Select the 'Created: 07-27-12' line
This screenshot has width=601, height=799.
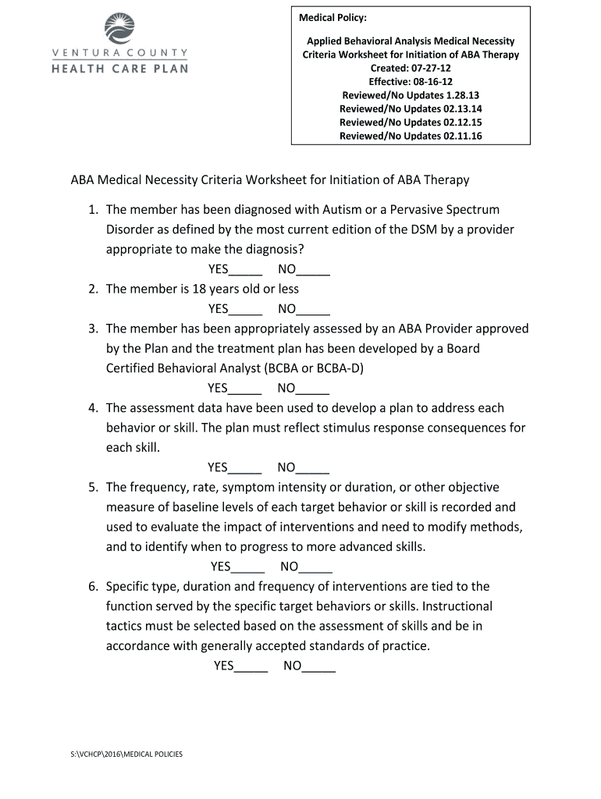[411, 68]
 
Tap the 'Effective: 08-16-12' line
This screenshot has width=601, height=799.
[411, 82]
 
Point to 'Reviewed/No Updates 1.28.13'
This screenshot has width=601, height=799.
[411, 95]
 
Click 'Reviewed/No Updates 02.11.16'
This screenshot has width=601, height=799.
[411, 136]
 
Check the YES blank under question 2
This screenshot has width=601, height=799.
[245, 309]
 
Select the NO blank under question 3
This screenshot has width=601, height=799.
[313, 389]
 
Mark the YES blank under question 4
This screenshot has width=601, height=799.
[245, 468]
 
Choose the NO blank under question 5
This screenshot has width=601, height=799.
[316, 567]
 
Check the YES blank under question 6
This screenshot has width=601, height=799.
[251, 666]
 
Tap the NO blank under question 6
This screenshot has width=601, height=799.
[319, 666]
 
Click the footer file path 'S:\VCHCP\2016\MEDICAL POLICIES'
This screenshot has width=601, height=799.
[126, 755]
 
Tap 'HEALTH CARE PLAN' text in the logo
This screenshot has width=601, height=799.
[119, 68]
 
